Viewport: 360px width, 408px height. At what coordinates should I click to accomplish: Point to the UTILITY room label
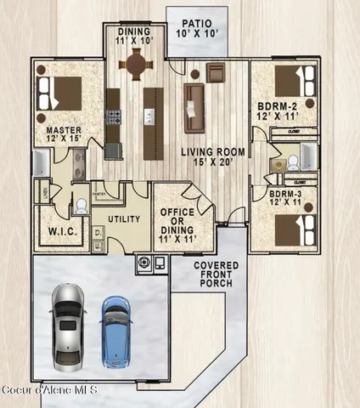[122, 218]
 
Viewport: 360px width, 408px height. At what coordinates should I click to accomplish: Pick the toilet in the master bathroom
[80, 206]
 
